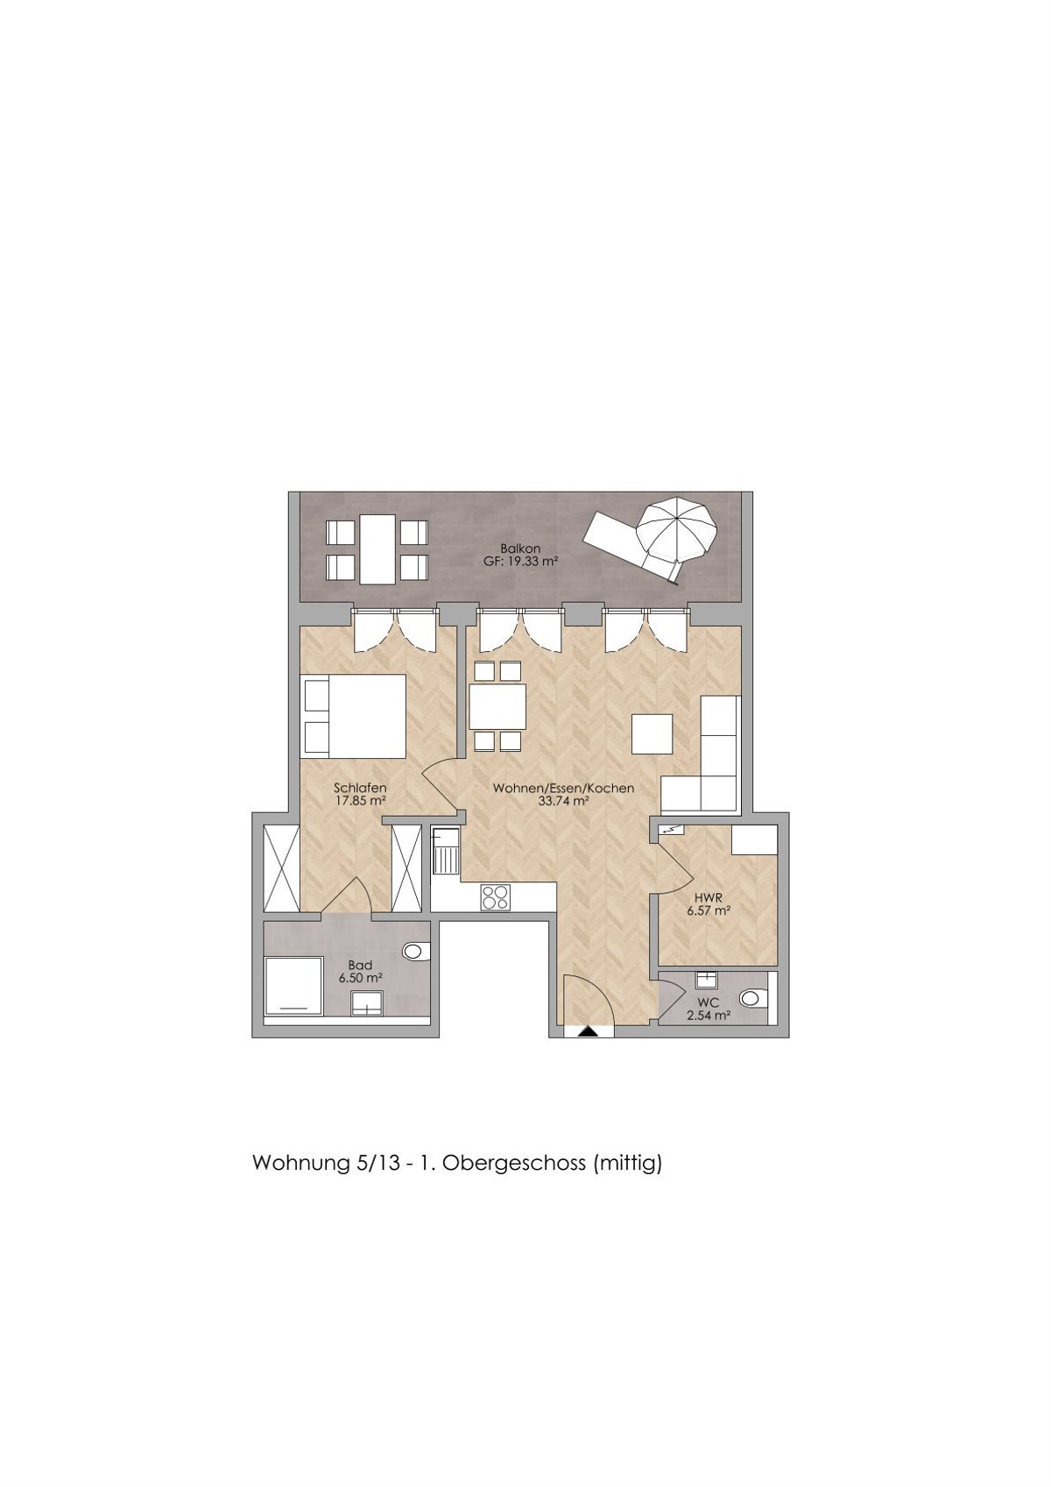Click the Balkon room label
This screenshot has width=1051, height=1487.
coord(521,549)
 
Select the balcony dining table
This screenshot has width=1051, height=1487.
coord(377,549)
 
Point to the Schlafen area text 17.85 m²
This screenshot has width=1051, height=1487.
coord(360,801)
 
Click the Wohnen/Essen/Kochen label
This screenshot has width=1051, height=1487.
coord(563,789)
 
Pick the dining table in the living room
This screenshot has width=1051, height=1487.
coord(497,705)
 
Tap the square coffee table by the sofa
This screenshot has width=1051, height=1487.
coord(652,733)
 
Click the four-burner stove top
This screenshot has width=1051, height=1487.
coord(496,897)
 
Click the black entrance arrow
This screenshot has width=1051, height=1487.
coord(588,1031)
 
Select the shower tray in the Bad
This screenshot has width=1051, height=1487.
coord(293,985)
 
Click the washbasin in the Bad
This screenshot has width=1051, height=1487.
coord(367,1003)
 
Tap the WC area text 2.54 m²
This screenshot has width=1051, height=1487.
coord(709,1015)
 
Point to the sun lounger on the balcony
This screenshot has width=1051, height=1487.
coord(631,543)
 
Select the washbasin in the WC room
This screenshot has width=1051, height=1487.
coord(706,980)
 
